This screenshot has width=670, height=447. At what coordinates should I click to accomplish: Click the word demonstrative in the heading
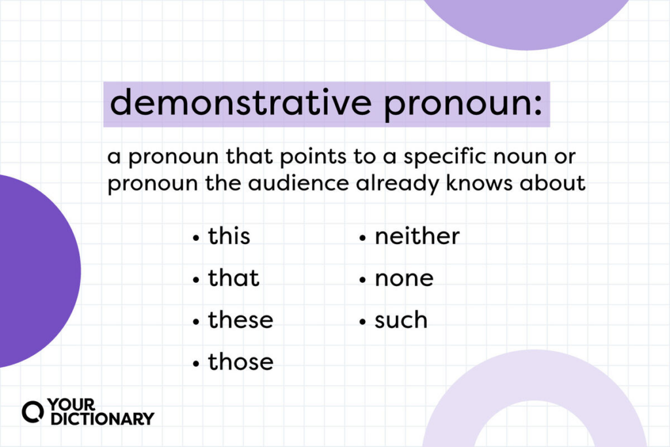coord(241,102)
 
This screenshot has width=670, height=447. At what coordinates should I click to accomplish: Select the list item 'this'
coord(229,236)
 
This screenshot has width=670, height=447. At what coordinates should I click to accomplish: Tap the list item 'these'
coord(241,320)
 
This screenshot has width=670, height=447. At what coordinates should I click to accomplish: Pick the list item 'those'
coord(241,362)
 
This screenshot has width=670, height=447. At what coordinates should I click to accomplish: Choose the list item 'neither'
coord(417,236)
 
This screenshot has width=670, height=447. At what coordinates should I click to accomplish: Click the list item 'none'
coord(404,279)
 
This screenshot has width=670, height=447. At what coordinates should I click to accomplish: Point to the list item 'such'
coord(401,320)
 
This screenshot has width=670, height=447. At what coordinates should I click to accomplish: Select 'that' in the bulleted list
coord(234,278)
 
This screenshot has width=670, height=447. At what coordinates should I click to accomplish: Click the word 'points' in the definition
coord(313,157)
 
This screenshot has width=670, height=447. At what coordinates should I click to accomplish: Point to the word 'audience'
coord(298,183)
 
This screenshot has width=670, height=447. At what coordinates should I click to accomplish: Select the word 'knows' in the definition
coord(480,183)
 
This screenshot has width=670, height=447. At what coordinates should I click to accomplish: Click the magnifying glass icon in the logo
coord(33,412)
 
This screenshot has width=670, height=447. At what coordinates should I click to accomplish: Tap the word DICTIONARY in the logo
coord(102,419)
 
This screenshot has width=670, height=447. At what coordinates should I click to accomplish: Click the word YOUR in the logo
coord(71,404)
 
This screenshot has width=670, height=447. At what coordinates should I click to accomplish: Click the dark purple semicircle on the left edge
coord(39,271)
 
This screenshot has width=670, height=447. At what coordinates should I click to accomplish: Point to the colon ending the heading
coord(538,104)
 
